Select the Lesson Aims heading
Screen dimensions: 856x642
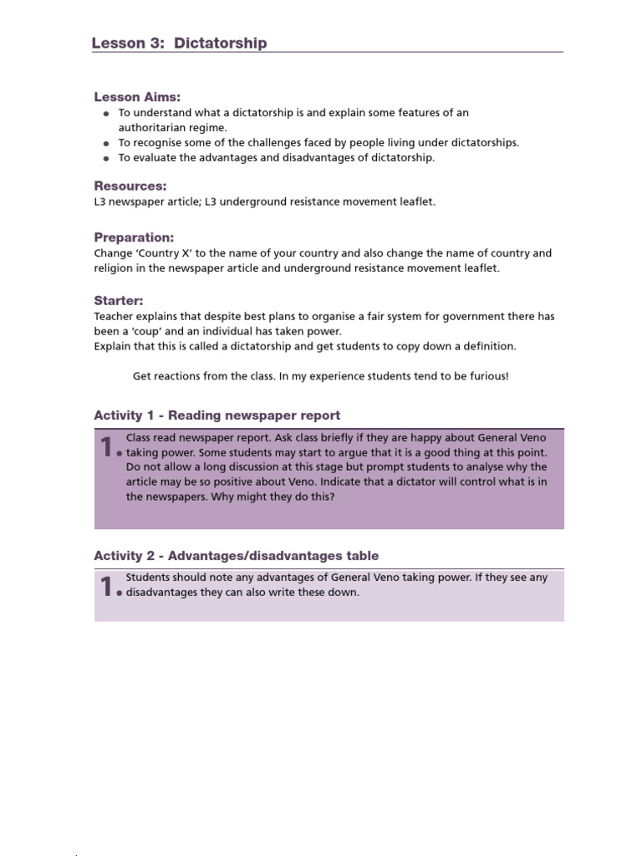(137, 97)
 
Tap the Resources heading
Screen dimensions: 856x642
(130, 186)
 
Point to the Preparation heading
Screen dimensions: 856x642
(134, 237)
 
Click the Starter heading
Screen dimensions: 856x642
(119, 300)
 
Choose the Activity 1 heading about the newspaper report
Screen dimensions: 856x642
(217, 415)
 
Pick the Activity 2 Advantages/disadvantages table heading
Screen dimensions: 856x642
(236, 556)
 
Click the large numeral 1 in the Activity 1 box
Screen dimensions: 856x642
(106, 448)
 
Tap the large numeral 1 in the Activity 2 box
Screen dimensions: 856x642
(106, 588)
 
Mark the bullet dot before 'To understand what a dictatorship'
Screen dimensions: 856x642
(106, 114)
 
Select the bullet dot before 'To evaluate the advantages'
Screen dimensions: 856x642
(106, 158)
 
